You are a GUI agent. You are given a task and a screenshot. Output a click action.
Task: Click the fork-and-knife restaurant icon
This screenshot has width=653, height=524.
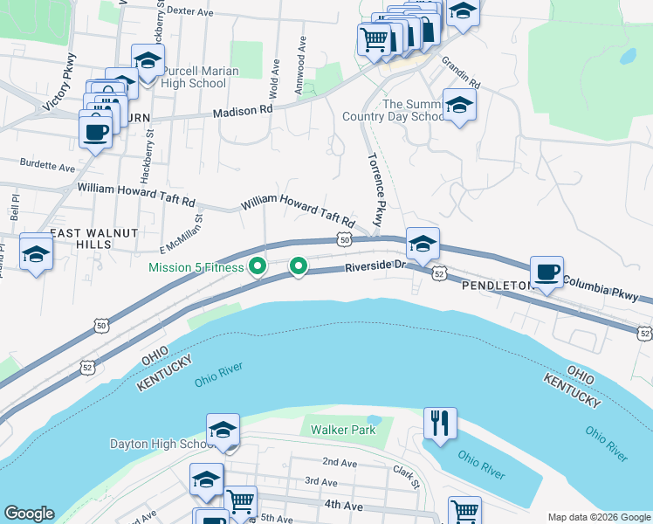[x=440, y=424]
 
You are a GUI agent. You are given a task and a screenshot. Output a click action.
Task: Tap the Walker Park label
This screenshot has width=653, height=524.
[x=343, y=430]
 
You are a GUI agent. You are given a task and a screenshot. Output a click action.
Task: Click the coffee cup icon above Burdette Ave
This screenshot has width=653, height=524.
[x=95, y=131]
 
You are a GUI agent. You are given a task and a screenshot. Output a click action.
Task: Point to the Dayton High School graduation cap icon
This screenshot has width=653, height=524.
[x=223, y=429]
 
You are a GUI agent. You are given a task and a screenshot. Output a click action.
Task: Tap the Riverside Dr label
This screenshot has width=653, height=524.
[x=376, y=266]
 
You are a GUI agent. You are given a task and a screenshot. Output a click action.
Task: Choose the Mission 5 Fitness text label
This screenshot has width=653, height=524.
[x=196, y=267]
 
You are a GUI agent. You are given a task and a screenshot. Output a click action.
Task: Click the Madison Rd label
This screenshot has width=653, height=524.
[x=244, y=111]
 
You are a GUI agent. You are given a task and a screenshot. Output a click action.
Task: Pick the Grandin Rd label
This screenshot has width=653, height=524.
[x=460, y=73]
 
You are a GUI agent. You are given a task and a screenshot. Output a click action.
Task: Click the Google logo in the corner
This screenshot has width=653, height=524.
[x=29, y=514]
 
